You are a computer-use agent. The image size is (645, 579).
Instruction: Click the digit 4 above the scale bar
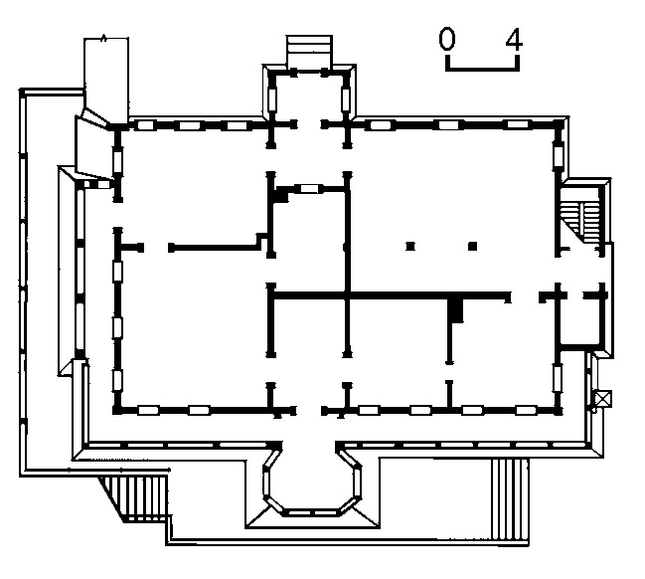click(513, 40)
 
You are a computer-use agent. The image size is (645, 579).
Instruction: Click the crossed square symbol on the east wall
click(600, 400)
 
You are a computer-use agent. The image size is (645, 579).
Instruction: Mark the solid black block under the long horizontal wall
click(456, 310)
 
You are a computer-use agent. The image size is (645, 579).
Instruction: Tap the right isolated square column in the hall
click(473, 245)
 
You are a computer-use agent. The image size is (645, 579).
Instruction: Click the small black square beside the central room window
click(281, 197)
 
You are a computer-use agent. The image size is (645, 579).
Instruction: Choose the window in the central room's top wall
click(309, 188)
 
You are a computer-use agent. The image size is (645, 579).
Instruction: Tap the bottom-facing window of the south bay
click(309, 511)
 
